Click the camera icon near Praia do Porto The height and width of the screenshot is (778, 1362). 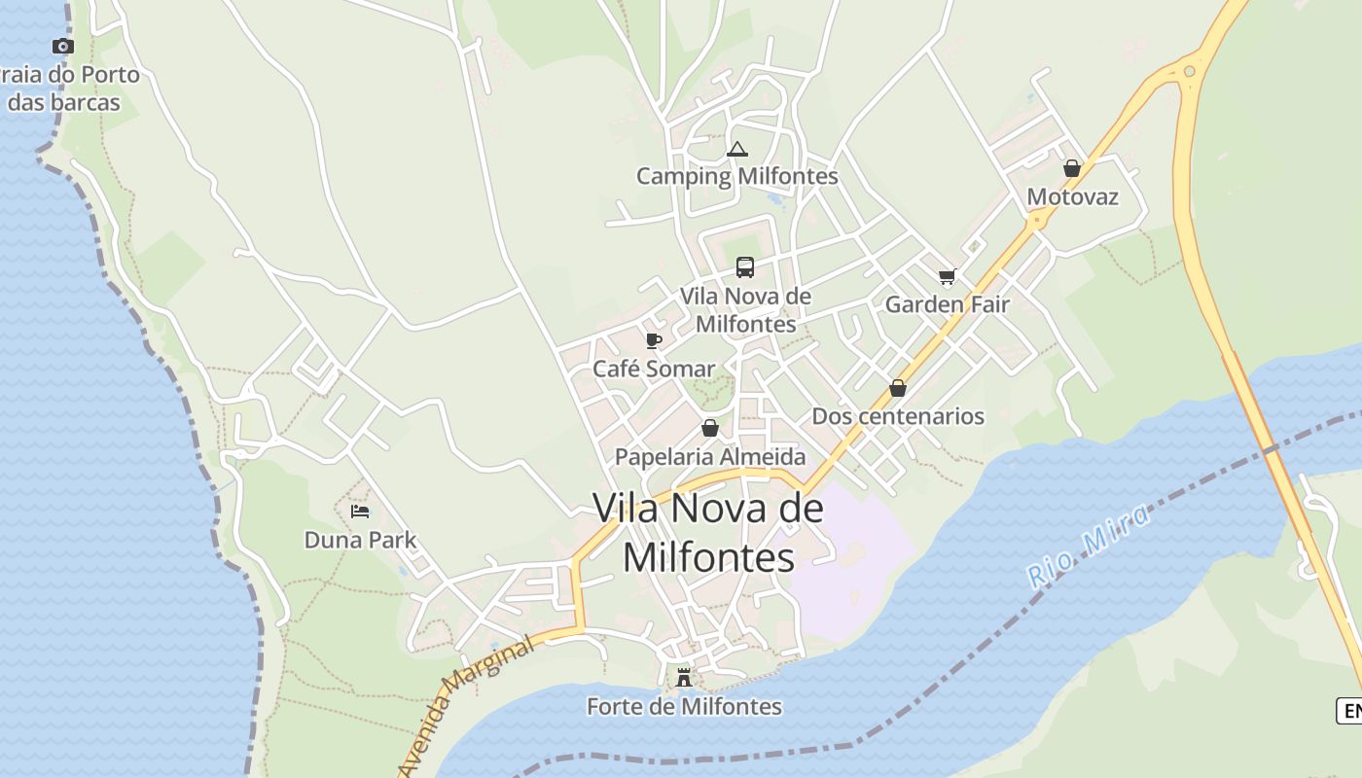click(63, 46)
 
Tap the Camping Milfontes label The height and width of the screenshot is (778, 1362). click(736, 176)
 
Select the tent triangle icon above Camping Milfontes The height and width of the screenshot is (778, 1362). click(737, 149)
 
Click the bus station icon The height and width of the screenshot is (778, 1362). click(745, 266)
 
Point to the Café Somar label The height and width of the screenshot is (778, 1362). click(654, 369)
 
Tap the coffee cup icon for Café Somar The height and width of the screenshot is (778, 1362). click(654, 340)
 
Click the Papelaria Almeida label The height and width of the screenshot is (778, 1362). click(710, 456)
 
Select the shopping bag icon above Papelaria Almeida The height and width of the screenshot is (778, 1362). click(710, 428)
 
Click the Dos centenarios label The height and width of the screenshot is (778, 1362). click(898, 416)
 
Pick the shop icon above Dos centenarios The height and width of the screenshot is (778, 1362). click(898, 388)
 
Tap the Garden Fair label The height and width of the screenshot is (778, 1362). click(947, 304)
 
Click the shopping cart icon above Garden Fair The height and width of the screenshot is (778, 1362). click(948, 276)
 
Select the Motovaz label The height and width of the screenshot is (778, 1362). click(1072, 196)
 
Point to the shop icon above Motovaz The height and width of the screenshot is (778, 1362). click(1072, 168)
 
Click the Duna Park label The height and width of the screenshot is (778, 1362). click(360, 540)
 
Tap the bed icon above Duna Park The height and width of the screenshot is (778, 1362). click(360, 512)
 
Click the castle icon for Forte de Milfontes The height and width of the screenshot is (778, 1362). click(684, 677)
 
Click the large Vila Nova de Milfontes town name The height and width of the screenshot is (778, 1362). click(708, 532)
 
